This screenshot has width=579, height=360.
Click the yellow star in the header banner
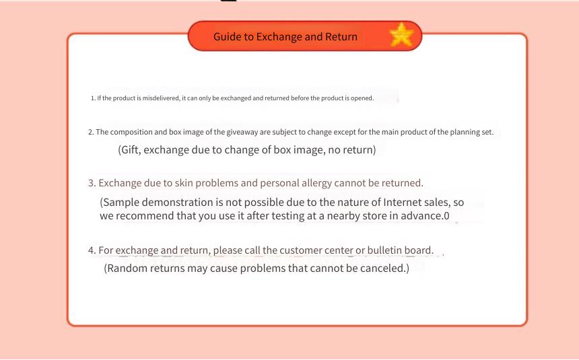[401, 35]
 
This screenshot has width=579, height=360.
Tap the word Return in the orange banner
[341, 36]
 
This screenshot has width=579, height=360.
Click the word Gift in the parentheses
[130, 150]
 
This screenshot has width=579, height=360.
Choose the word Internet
[402, 203]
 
